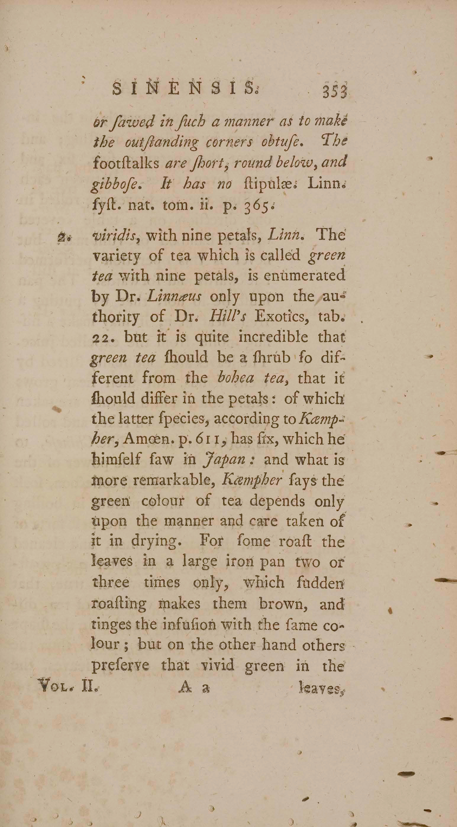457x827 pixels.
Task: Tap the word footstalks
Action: [x=126, y=164]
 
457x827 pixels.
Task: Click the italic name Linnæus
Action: [x=173, y=296]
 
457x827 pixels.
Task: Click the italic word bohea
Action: [x=235, y=378]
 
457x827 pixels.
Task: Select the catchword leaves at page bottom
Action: [x=321, y=688]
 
